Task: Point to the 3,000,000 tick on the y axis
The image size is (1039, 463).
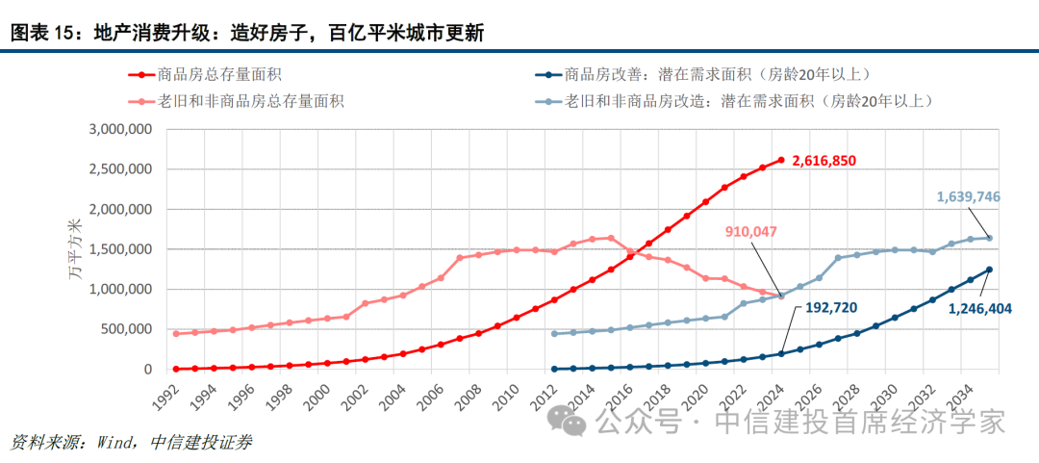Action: coord(119,129)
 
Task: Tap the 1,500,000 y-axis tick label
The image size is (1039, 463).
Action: coord(119,249)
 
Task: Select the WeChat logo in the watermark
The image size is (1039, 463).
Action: coord(564,421)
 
